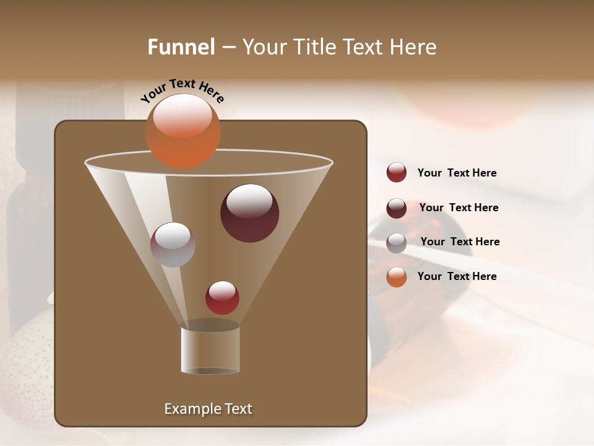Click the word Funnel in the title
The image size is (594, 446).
[x=181, y=47]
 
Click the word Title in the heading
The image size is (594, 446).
[x=314, y=47]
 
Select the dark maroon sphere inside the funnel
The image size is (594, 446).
[x=249, y=214]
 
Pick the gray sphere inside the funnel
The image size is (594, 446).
[x=173, y=245]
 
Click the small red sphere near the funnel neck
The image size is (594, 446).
[x=222, y=298]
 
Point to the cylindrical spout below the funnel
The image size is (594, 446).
[x=210, y=350]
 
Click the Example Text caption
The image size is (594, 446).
[x=208, y=409]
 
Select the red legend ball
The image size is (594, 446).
[x=397, y=172]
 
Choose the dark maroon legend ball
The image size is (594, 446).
[x=397, y=208]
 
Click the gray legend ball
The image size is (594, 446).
[x=397, y=242]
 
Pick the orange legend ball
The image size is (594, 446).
[x=397, y=277]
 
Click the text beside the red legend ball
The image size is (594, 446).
[x=457, y=173]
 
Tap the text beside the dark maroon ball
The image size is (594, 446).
[x=458, y=208]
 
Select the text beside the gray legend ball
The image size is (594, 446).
[x=460, y=242]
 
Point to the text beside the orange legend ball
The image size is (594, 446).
[x=457, y=276]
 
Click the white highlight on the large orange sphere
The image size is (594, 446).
[x=183, y=116]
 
